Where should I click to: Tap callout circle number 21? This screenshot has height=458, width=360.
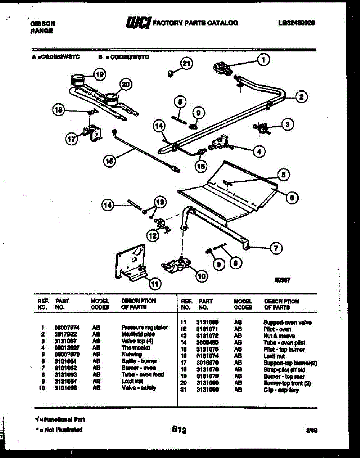click(x=186, y=64)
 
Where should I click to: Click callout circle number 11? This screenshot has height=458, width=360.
click(x=154, y=283)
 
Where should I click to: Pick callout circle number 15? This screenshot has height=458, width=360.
click(x=109, y=161)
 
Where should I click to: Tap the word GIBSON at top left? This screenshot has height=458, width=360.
click(x=42, y=23)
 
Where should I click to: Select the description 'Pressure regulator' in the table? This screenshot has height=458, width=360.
click(x=144, y=327)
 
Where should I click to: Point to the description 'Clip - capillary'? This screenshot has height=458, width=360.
click(x=281, y=390)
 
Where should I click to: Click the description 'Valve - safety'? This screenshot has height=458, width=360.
click(x=138, y=388)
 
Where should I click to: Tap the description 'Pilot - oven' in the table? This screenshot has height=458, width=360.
click(x=277, y=329)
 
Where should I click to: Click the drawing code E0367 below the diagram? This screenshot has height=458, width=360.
click(x=282, y=280)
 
